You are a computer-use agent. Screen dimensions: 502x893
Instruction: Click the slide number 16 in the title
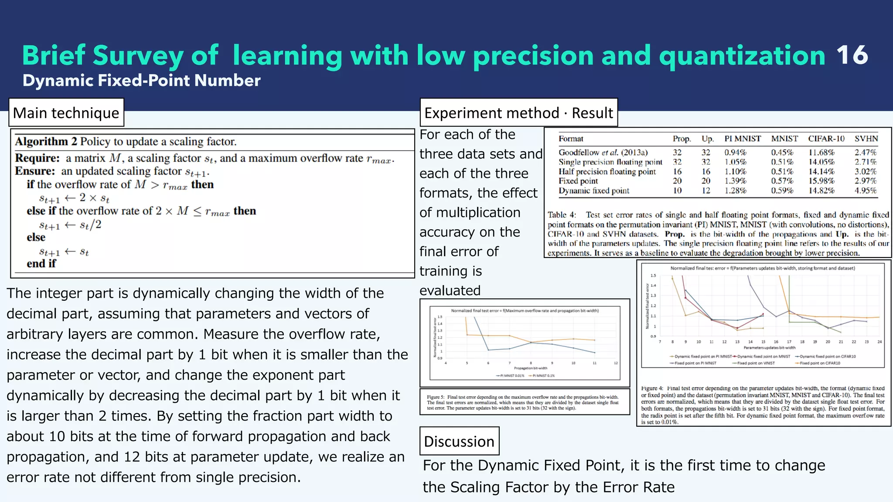[852, 55]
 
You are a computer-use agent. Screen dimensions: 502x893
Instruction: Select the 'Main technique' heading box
[66, 113]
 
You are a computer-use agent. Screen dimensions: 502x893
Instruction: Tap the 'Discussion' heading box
[459, 441]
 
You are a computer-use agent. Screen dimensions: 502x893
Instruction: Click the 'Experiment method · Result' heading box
[518, 113]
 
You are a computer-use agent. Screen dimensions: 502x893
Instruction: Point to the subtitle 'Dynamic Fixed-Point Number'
[141, 81]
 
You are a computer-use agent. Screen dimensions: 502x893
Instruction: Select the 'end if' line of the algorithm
[41, 264]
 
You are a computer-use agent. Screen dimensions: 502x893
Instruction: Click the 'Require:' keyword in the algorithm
[37, 158]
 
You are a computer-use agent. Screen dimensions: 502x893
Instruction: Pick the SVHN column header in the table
[866, 139]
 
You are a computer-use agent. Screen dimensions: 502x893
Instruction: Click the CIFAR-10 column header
[826, 139]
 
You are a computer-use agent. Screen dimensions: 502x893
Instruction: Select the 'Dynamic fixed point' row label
[594, 190]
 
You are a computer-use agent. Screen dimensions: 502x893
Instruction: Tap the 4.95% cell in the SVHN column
[865, 190]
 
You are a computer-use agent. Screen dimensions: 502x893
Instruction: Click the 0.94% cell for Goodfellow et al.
[735, 153]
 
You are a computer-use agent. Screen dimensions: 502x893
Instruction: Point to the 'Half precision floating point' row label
[607, 171]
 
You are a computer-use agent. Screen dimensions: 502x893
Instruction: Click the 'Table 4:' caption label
[562, 215]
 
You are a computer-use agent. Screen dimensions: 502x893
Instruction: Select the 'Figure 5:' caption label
[435, 397]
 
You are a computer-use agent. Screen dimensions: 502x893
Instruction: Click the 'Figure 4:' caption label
[651, 388]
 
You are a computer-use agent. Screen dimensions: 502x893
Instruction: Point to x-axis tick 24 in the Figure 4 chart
[879, 342]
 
